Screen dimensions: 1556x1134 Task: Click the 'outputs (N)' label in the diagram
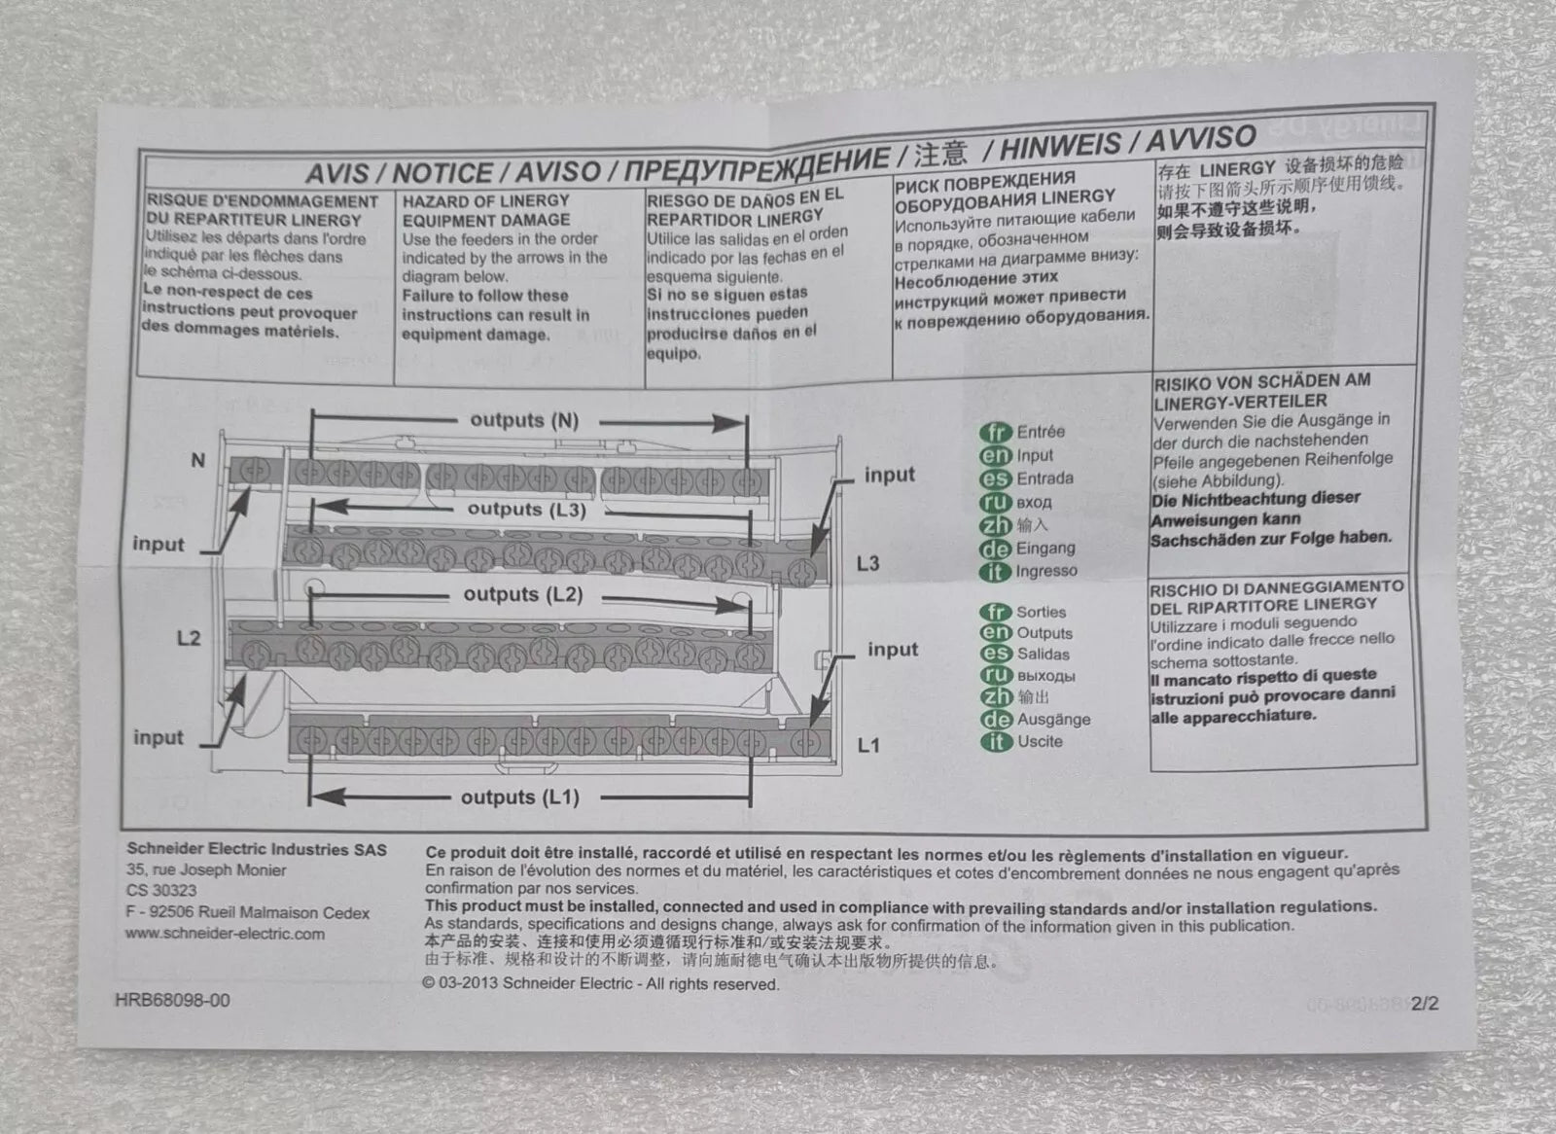tap(524, 420)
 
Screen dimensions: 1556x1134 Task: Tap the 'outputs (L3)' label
tap(526, 510)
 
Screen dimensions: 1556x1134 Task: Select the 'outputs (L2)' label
tap(523, 595)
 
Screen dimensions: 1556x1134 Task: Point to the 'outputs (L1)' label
tap(520, 797)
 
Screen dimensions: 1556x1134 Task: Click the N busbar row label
tap(198, 460)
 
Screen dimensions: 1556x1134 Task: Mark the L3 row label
tap(867, 563)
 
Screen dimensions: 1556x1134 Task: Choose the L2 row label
tap(189, 638)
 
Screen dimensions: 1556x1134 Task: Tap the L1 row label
tap(868, 746)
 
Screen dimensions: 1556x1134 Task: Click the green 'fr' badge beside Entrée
tap(996, 432)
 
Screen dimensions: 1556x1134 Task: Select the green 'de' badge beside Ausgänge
tap(996, 719)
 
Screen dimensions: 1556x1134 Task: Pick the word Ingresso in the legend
tap(1046, 571)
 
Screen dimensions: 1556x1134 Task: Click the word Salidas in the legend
tap(1043, 654)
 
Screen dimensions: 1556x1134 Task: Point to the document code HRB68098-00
tap(172, 1000)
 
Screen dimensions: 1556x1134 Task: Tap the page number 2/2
tap(1425, 1004)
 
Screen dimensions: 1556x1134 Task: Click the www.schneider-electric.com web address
tap(225, 934)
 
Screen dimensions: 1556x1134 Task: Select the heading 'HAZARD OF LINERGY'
tap(485, 200)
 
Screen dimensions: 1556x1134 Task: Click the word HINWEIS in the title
tap(1060, 145)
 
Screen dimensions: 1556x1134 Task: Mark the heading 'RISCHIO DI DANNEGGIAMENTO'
tap(1277, 588)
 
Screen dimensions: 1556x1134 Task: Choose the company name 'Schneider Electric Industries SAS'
tap(257, 849)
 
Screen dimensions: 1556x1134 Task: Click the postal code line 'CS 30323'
tap(161, 890)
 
